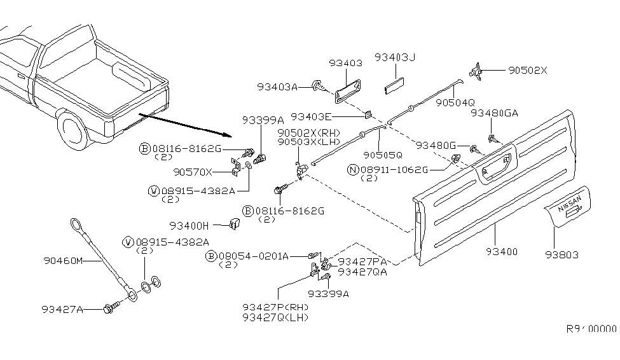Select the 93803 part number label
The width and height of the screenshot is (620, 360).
tap(562, 255)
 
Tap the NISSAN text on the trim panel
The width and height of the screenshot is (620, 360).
tap(569, 208)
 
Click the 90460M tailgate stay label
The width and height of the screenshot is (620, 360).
tap(64, 260)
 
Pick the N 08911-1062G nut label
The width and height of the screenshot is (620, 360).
tap(391, 170)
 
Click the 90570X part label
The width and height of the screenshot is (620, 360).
tap(192, 172)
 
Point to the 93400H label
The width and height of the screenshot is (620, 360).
tap(189, 225)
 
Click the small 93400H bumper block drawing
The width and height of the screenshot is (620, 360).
tap(234, 223)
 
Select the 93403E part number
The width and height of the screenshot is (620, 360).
tap(312, 117)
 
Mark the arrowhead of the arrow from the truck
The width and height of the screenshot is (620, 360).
tap(228, 135)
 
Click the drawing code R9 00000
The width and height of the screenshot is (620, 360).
tap(591, 329)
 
